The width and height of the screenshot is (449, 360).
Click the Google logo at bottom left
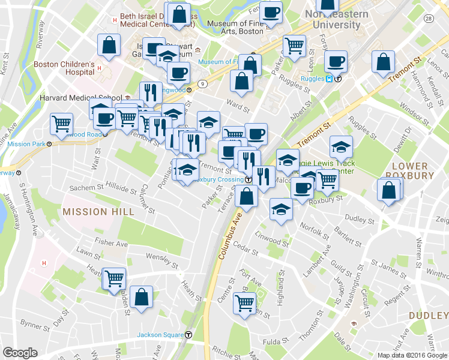[20, 353]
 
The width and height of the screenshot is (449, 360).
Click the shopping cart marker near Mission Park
[61, 124]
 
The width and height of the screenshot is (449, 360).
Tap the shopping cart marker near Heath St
[114, 278]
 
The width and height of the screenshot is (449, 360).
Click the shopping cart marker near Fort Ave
[245, 304]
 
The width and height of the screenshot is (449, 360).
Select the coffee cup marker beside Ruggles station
[336, 61]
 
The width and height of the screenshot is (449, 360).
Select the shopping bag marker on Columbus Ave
[247, 196]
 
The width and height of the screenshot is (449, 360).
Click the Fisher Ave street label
[111, 244]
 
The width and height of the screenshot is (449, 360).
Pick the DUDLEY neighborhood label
[428, 316]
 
